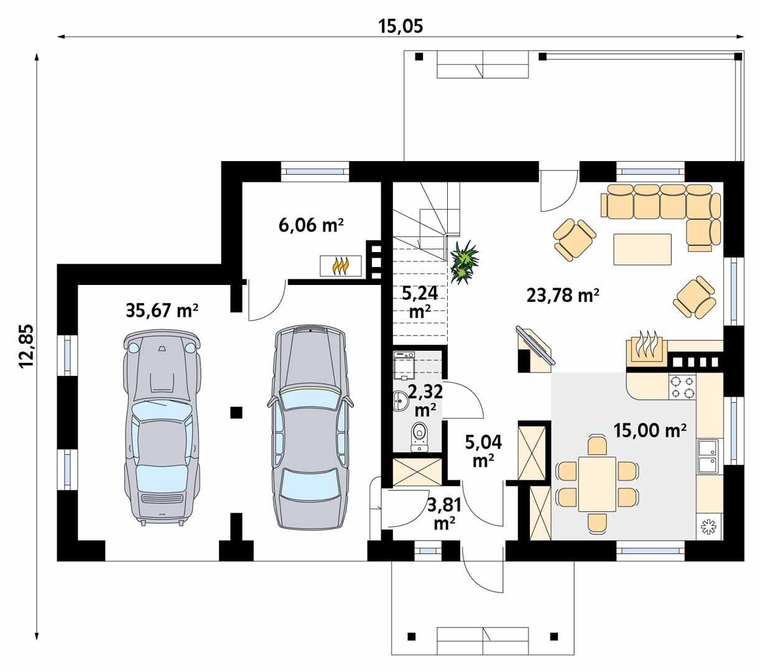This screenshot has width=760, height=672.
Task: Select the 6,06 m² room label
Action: [x=312, y=225]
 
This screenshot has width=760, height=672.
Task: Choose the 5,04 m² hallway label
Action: [x=483, y=450]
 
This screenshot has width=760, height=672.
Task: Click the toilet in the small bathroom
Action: [x=419, y=434]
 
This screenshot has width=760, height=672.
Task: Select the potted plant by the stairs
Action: [x=463, y=263]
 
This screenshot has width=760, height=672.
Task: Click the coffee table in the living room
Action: [x=642, y=249]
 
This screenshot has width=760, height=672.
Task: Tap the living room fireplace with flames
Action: [x=646, y=349]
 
